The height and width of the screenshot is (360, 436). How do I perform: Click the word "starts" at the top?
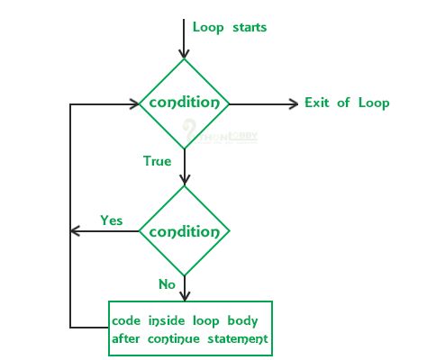click(246, 27)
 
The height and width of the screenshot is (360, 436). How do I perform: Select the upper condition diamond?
click(184, 103)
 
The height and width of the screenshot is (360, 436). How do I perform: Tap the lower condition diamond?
click(184, 231)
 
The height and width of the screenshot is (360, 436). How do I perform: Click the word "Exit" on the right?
click(319, 103)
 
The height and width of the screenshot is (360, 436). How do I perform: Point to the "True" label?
click(157, 161)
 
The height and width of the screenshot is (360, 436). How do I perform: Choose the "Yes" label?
click(112, 220)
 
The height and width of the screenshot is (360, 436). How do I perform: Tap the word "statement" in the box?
click(238, 338)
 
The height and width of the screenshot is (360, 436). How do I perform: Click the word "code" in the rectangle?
click(128, 320)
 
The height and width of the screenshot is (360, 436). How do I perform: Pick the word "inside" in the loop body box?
click(168, 320)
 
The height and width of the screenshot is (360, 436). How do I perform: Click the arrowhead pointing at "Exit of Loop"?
click(292, 103)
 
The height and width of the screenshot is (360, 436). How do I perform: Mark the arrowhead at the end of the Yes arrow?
click(76, 231)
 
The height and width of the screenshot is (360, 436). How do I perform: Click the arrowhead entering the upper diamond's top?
click(184, 54)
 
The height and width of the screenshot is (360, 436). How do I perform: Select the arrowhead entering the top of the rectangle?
click(184, 295)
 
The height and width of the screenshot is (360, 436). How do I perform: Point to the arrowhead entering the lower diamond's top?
click(184, 180)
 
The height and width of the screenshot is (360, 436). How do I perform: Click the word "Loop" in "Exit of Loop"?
click(372, 103)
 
